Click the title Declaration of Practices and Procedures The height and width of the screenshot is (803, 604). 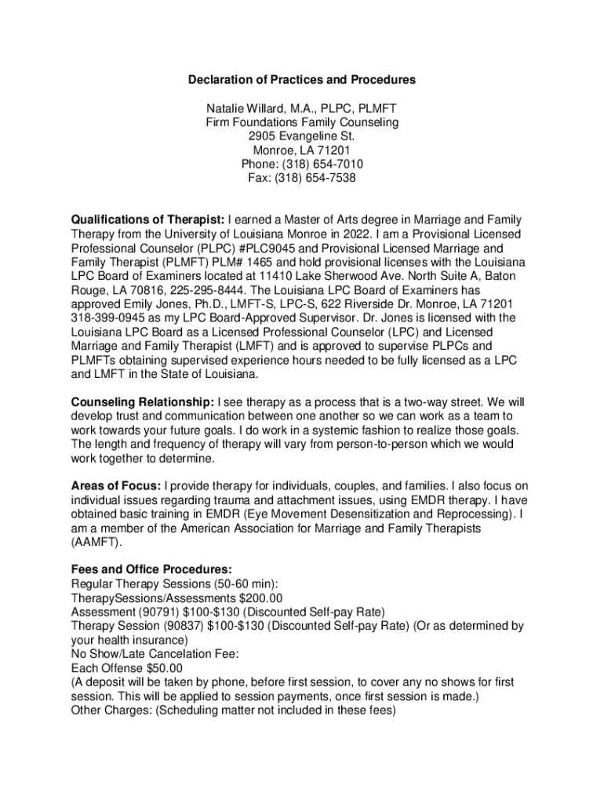302,80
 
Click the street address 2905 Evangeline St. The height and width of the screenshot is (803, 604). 302,136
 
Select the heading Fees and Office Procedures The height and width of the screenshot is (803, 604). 151,569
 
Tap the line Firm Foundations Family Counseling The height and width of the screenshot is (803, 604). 302,122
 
